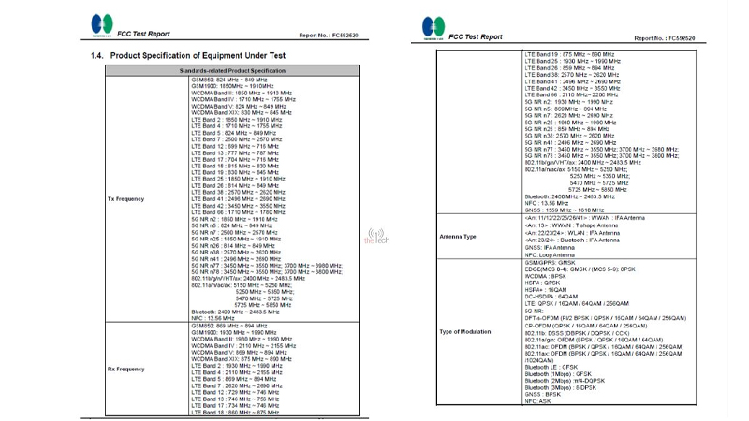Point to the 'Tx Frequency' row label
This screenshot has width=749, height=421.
125,199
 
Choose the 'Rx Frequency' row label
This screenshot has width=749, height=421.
125,367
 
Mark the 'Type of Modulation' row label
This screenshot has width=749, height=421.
465,332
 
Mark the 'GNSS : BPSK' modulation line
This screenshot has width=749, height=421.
543,394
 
